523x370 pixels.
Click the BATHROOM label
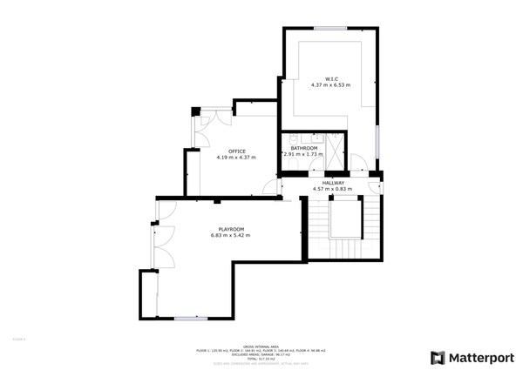tap(304, 148)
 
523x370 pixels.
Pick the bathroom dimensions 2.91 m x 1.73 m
tap(304, 154)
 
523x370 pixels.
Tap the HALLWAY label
tap(333, 183)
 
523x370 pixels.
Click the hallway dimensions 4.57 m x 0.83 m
tap(333, 189)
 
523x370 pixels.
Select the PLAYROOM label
tap(230, 229)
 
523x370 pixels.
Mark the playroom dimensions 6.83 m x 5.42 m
tap(230, 235)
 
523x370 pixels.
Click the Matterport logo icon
tap(438, 357)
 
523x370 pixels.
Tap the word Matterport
tap(481, 357)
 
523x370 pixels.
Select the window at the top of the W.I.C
tap(331, 29)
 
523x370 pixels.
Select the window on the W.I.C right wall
tap(377, 139)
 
